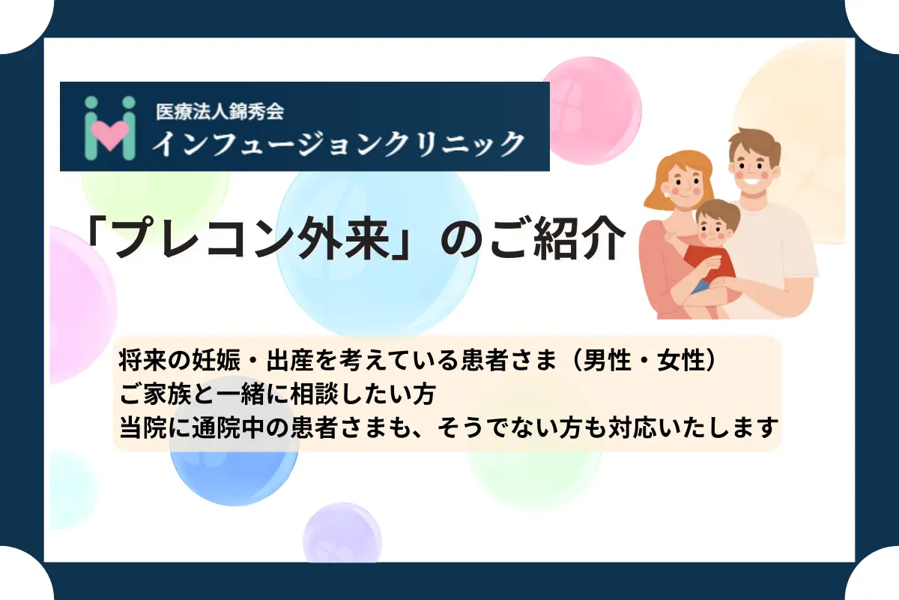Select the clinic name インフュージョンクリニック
(338, 142)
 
